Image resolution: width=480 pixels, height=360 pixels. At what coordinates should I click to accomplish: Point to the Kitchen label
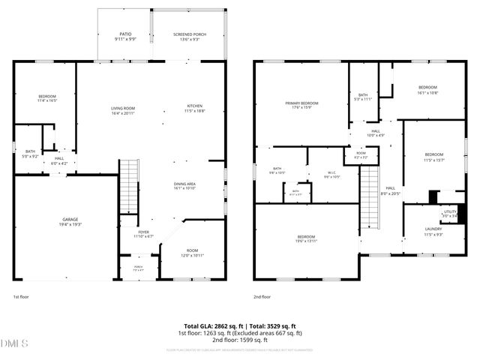[x=195, y=108]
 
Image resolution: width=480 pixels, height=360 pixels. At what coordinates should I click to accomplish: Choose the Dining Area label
[x=184, y=186]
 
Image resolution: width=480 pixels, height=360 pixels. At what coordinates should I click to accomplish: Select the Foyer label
[x=142, y=235]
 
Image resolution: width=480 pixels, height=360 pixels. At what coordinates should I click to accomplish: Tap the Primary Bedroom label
[x=301, y=105]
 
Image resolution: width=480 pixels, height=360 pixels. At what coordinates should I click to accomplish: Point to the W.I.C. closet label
[x=331, y=174]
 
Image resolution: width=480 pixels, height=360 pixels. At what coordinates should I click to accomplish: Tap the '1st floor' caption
[x=22, y=297]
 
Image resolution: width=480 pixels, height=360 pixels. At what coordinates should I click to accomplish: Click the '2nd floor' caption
[x=262, y=297]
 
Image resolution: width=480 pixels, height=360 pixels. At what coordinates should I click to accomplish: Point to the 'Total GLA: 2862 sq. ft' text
[x=207, y=325]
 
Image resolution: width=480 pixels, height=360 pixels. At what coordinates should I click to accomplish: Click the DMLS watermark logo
[x=15, y=343]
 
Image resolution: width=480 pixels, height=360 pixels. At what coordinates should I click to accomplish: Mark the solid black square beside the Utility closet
[x=433, y=197]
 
